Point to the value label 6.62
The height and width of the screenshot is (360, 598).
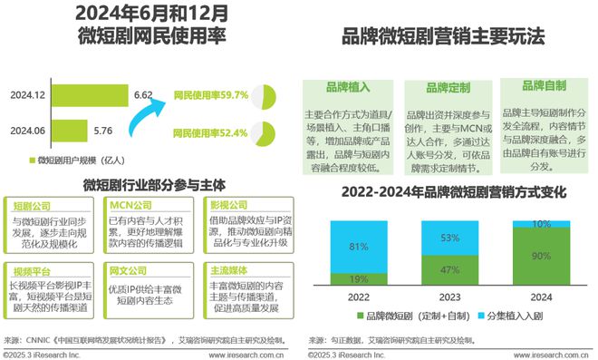click(x=142, y=94)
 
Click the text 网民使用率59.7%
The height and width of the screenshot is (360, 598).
click(x=210, y=94)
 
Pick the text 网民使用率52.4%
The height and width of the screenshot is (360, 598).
click(x=210, y=132)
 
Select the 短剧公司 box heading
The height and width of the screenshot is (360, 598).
click(x=34, y=205)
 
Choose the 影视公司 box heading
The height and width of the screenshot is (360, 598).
click(x=227, y=205)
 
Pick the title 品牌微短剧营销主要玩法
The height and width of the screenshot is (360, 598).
click(x=442, y=37)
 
